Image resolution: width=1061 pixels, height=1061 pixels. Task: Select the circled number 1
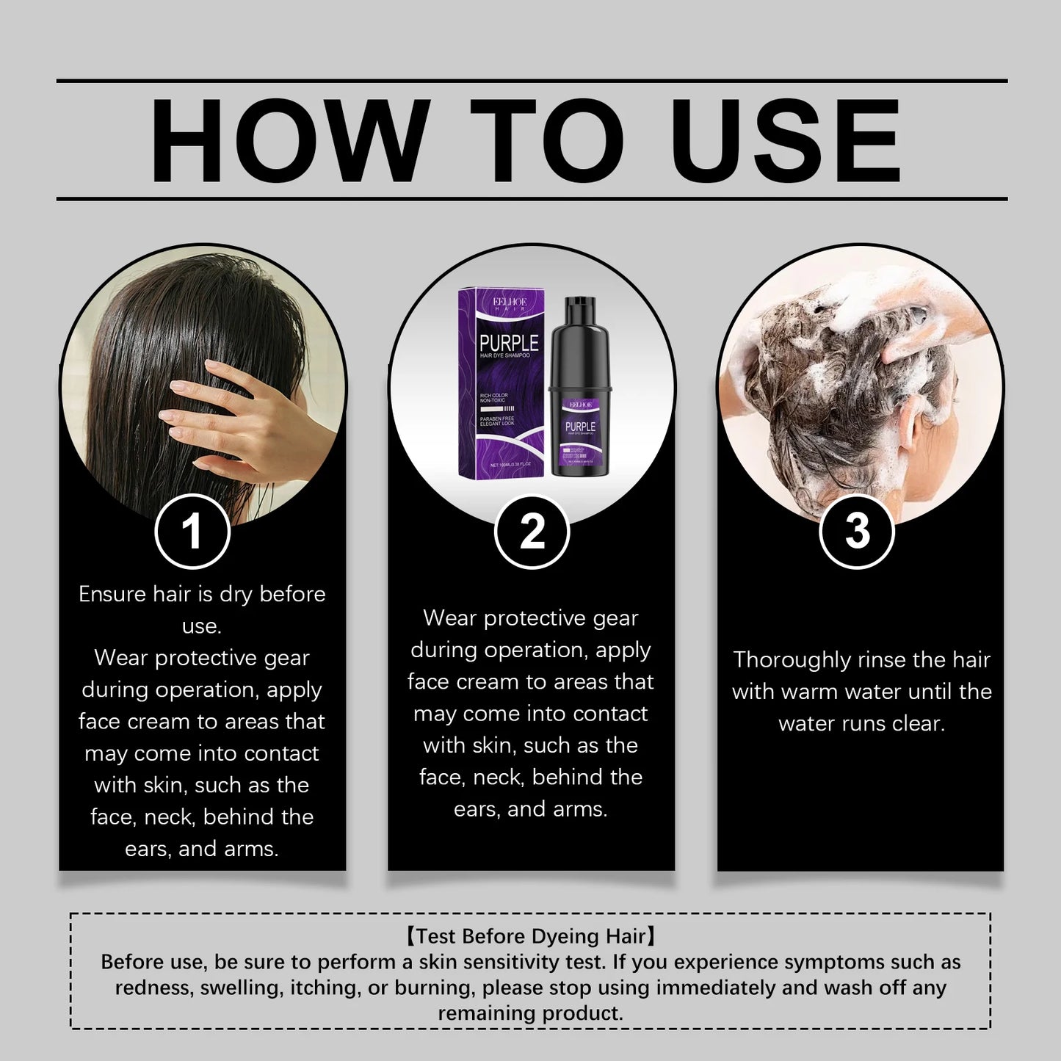[x=192, y=531]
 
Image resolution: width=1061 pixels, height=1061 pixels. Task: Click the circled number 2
[x=532, y=531]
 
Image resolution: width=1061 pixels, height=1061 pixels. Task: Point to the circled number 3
[x=856, y=531]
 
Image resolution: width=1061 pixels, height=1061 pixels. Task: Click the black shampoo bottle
[x=580, y=396]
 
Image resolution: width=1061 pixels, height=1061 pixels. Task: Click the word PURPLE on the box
[x=509, y=343]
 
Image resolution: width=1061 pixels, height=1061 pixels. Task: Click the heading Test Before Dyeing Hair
[x=530, y=936]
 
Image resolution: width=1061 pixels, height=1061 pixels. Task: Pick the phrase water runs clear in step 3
[x=861, y=723]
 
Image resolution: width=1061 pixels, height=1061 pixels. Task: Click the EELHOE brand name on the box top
[x=509, y=301]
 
